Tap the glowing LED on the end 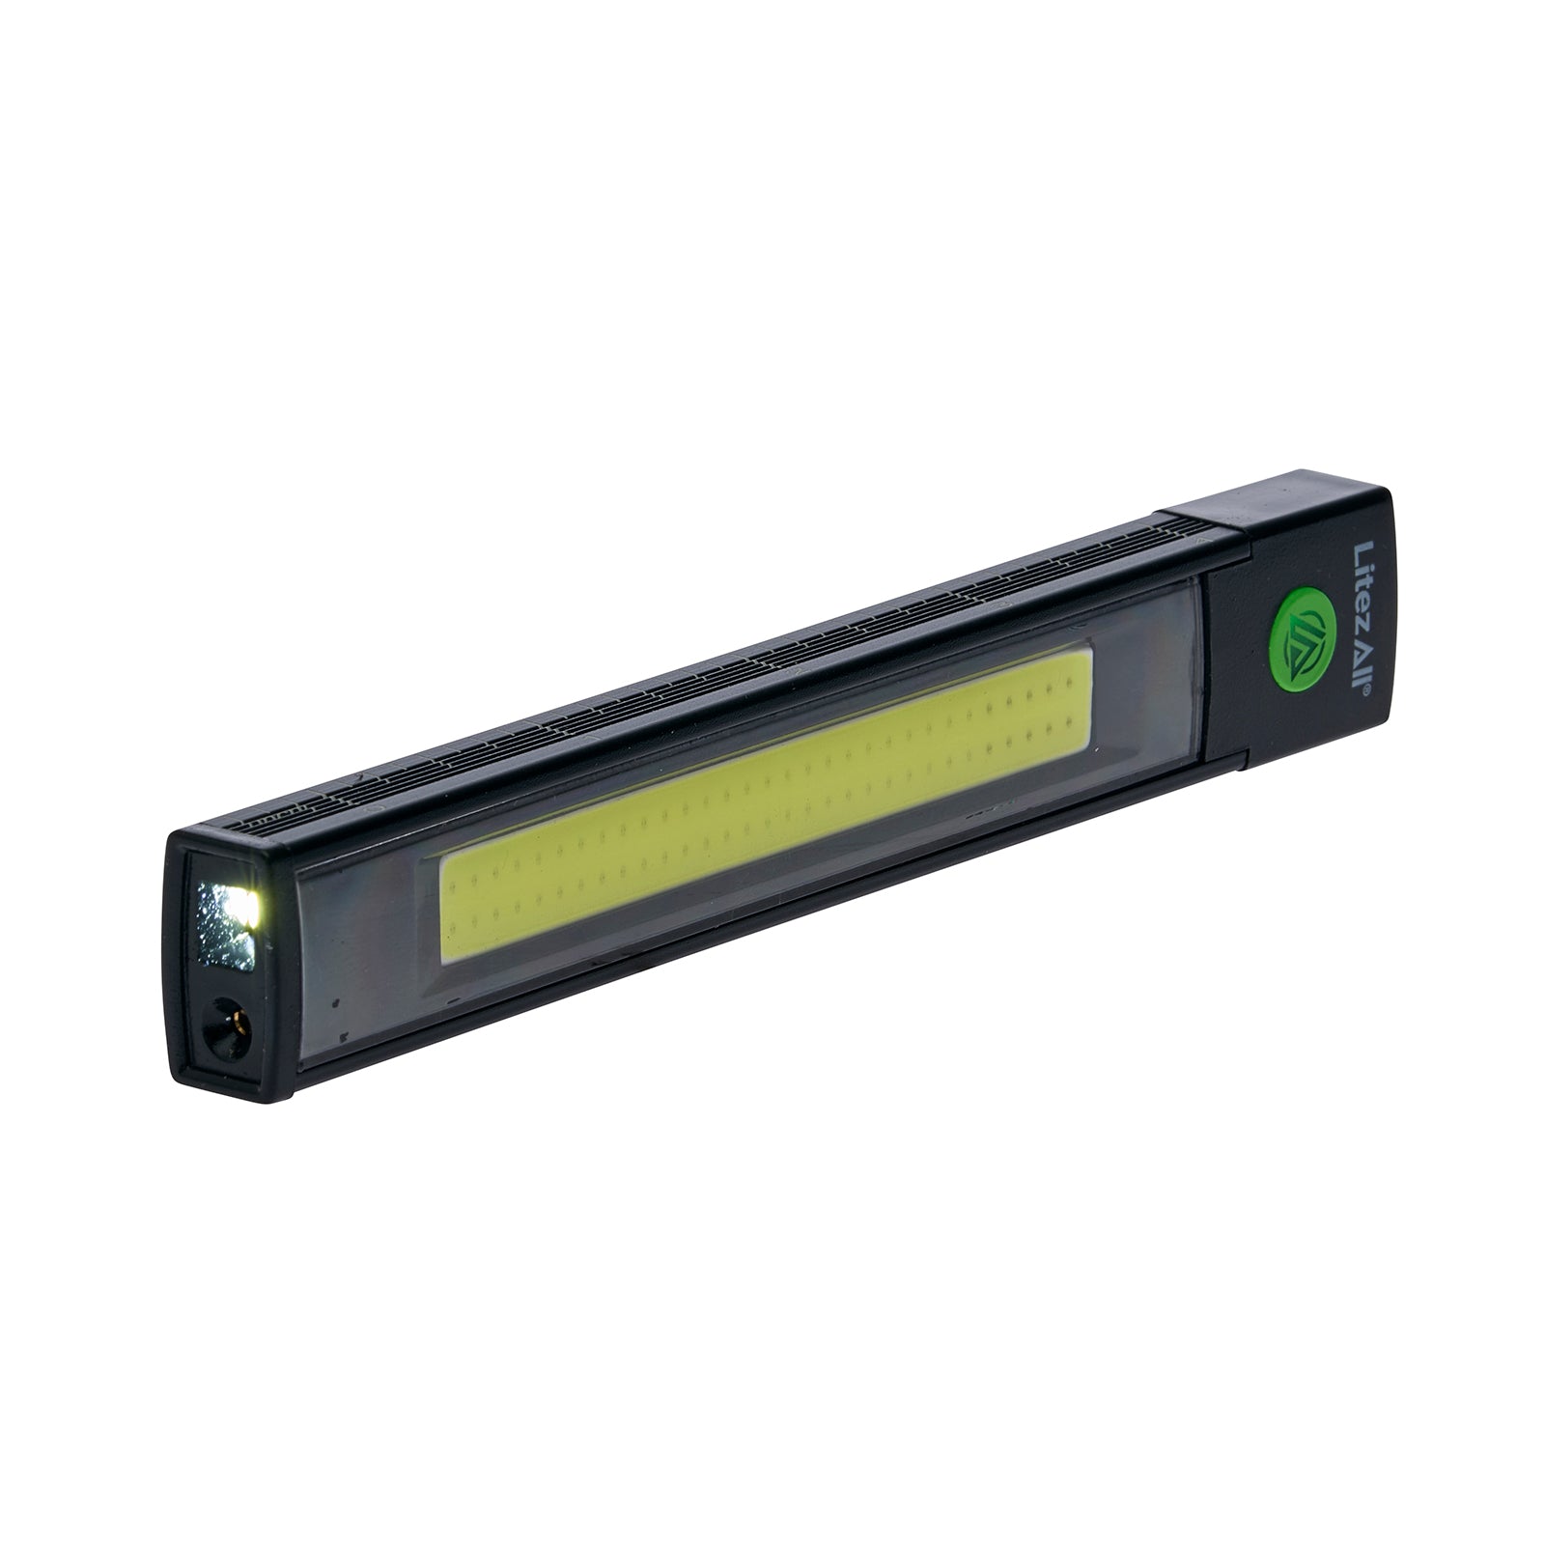tap(245, 905)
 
